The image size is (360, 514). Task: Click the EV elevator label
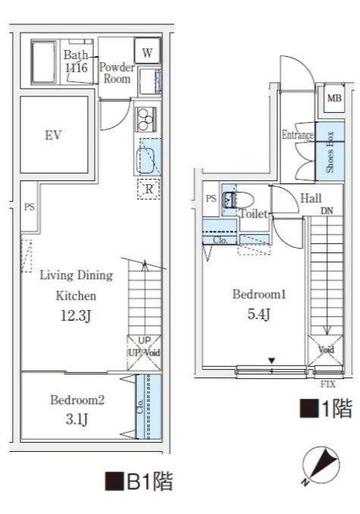(x=52, y=136)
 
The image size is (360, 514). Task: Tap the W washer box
(x=147, y=52)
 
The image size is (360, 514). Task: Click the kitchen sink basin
(x=148, y=160)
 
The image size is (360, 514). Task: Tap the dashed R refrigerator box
(x=148, y=189)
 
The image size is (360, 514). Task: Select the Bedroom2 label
(x=76, y=400)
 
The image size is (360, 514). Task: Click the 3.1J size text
(x=76, y=418)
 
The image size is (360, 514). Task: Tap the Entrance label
(x=297, y=136)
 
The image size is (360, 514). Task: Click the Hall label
(x=311, y=199)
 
